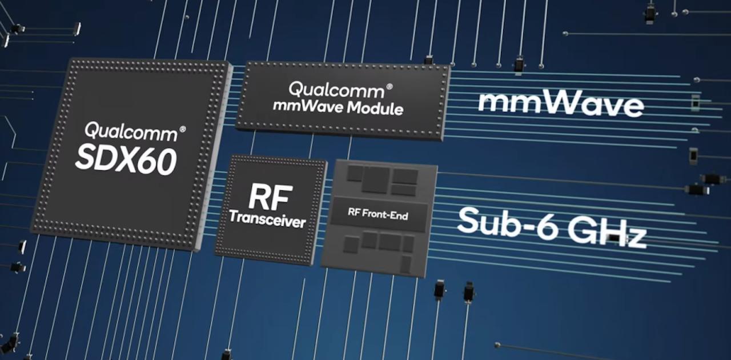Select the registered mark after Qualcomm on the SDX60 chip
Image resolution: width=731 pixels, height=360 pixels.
182,129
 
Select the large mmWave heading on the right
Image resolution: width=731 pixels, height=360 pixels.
560,104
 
